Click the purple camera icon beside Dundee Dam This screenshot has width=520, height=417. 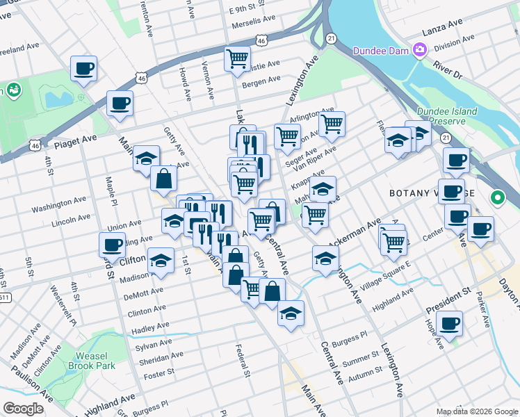(419, 50)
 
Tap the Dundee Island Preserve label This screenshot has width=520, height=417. (447, 116)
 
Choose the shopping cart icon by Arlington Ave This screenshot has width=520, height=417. (332, 124)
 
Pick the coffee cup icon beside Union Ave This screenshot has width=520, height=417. (112, 244)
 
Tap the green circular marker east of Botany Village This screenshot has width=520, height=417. (498, 197)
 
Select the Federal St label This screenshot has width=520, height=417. (242, 361)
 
